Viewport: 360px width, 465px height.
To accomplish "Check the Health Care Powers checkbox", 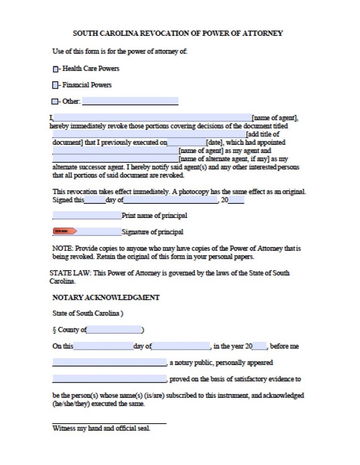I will tap(55, 69).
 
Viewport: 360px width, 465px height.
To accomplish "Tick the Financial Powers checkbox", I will tap(55, 85).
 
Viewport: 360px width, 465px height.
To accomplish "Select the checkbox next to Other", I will tap(55, 101).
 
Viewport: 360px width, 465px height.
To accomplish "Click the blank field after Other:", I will tap(130, 101).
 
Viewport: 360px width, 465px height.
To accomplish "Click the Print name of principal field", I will tap(87, 215).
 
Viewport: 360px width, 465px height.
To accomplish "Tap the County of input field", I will tap(114, 330).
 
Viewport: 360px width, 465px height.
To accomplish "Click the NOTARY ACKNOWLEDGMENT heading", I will tap(106, 297).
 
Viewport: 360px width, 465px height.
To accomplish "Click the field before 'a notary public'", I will tap(110, 362).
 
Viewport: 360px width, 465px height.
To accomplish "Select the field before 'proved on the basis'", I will tap(110, 379).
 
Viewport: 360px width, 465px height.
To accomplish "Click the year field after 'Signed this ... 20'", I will tap(236, 200).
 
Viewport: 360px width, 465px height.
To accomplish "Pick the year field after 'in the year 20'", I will tap(260, 346).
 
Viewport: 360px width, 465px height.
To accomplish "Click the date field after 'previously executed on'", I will tap(186, 142).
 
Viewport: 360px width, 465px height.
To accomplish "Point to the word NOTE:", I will tap(63, 248).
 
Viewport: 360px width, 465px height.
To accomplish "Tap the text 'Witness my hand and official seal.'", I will tap(101, 428).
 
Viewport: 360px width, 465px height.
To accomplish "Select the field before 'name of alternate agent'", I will tap(115, 159).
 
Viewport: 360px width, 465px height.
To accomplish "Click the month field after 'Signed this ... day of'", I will tap(170, 200).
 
